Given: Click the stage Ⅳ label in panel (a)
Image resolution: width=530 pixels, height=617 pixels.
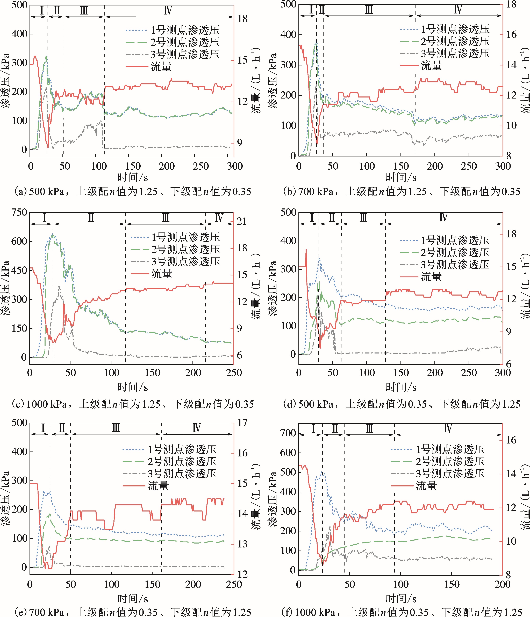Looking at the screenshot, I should pos(168,11).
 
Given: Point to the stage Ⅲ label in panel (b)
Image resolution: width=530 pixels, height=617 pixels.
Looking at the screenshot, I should pos(369,10).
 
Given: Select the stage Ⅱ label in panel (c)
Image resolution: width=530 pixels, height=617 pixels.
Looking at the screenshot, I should pos(91,218).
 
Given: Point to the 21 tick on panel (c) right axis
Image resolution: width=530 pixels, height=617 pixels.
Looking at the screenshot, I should pos(242,221).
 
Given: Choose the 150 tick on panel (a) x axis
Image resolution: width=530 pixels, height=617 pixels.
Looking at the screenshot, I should pos(133,166).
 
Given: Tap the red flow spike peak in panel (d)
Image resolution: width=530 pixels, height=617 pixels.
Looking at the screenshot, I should pos(306,250).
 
